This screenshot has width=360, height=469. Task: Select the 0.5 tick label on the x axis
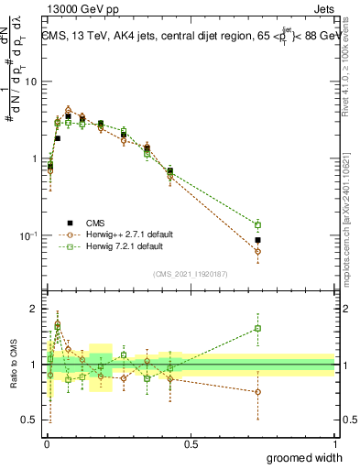[x=191, y=444]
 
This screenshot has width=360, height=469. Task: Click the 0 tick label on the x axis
[x=47, y=444]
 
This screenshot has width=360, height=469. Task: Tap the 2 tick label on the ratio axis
[x=34, y=309]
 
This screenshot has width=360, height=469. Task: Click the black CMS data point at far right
[x=258, y=240]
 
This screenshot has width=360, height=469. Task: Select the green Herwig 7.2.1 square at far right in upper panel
[x=258, y=224]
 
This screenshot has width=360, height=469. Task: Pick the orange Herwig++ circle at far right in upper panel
[x=258, y=251]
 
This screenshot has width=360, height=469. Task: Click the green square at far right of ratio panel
[x=258, y=328]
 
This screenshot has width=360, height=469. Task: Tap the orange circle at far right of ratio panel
[x=258, y=391]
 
